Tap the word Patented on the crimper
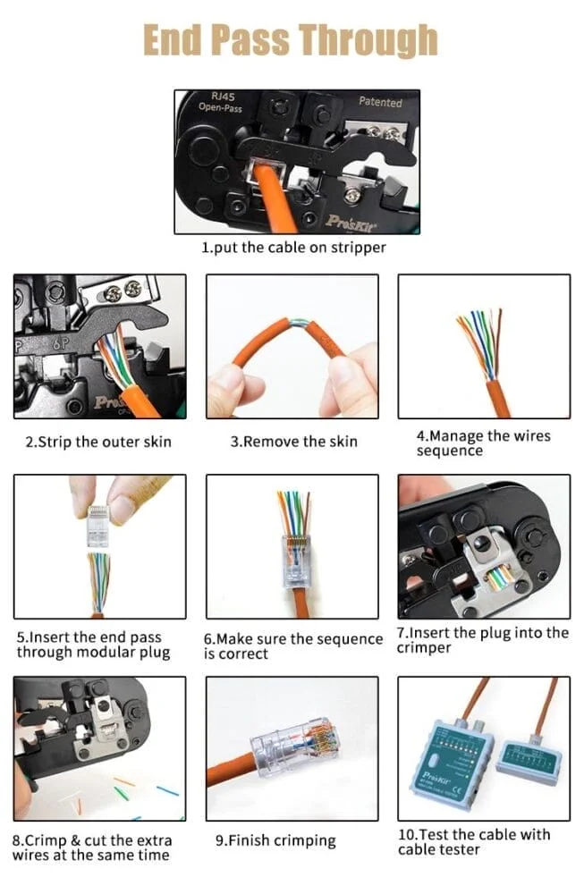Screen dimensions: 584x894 coord(380,102)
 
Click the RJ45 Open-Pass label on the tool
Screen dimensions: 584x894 coord(220,102)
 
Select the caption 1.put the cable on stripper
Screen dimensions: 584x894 coord(293,248)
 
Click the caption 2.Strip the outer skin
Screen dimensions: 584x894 coord(98,442)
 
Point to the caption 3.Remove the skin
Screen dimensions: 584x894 coord(293,442)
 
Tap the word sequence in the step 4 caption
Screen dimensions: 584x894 coord(450,451)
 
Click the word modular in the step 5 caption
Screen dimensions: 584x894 coord(108,652)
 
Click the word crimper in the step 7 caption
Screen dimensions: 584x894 coord(424,648)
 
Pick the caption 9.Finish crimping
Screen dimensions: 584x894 coord(275,840)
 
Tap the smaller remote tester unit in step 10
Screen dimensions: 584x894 coord(529,760)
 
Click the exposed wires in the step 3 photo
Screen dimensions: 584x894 coord(299,325)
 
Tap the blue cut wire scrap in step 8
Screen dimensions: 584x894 coord(167,791)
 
